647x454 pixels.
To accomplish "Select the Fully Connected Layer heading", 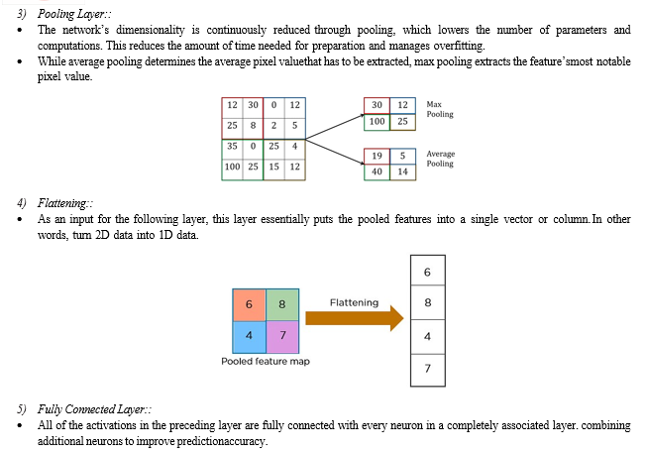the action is point(94,409).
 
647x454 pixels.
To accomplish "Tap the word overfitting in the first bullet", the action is point(460,46).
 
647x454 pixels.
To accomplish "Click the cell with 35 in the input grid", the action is point(232,146).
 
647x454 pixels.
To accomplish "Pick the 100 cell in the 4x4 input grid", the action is point(232,167).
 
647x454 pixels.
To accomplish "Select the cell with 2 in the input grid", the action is point(274,126).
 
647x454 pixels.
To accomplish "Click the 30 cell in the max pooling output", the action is point(377,105).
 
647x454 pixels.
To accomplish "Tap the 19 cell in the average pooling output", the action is point(377,156).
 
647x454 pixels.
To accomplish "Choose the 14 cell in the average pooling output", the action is point(402,171).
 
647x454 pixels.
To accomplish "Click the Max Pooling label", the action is point(440,109).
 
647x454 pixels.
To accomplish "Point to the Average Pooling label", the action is point(440,159).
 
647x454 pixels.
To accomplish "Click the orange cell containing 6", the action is point(249,304).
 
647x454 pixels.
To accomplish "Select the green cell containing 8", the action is point(282,304).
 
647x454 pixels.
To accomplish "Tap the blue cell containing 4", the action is point(249,337).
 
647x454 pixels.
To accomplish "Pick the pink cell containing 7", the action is point(282,337).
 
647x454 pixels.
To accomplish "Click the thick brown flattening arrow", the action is point(355,318).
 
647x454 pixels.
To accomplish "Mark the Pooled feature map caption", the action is point(266,362).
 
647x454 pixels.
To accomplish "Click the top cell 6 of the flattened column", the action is point(427,271).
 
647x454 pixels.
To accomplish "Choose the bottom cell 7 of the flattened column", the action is point(427,370).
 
